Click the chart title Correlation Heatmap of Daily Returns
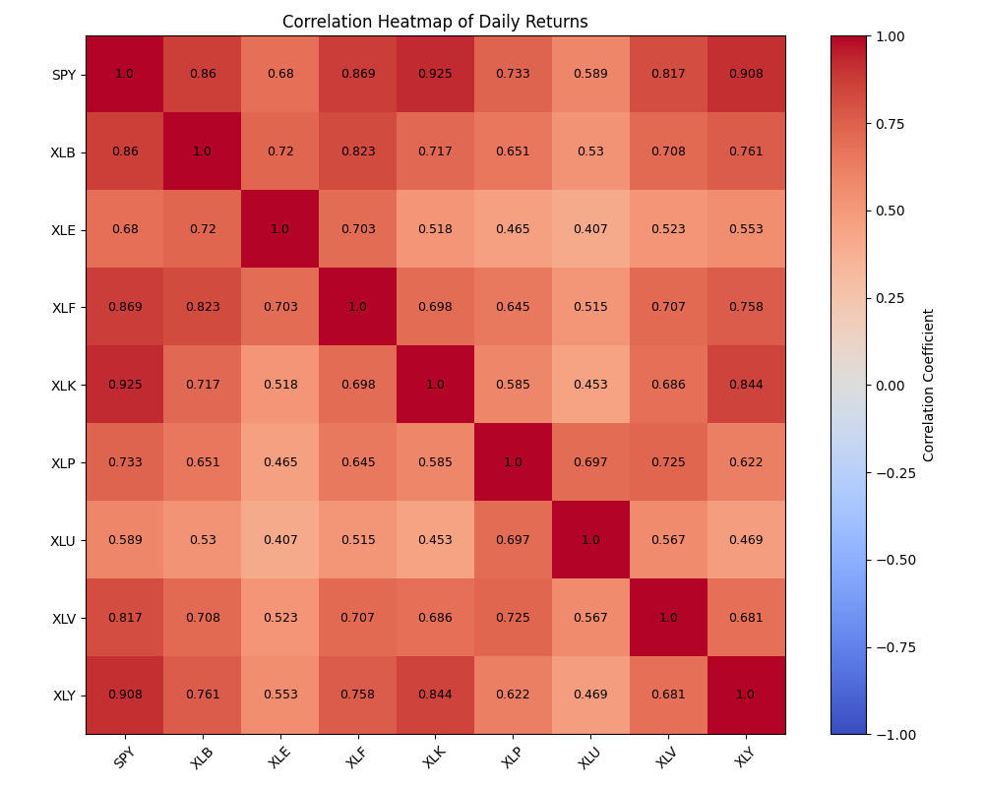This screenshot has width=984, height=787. point(435,22)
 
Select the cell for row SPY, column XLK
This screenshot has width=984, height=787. point(435,74)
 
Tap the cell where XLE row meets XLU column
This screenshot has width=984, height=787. point(590,229)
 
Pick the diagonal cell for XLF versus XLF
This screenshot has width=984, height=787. point(357,307)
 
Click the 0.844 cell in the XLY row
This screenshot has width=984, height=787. point(435,695)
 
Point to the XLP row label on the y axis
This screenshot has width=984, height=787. point(63,462)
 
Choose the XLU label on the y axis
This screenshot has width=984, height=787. point(63,540)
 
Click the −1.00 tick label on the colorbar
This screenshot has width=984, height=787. point(893,734)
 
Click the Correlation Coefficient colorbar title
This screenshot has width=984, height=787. point(929,386)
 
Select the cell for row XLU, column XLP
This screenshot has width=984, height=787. point(513,540)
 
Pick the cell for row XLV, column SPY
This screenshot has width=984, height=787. point(125,618)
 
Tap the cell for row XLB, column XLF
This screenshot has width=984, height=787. point(357,151)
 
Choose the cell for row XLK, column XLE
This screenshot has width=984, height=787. point(280,385)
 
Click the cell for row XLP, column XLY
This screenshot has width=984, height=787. point(746,462)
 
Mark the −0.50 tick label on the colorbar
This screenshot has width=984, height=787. point(893,560)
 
